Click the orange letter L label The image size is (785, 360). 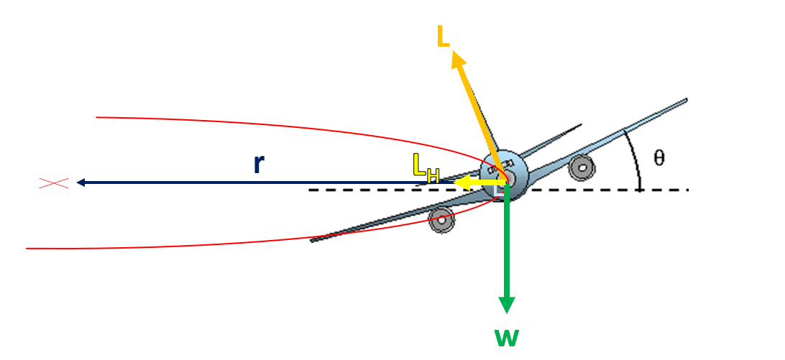[x=444, y=37]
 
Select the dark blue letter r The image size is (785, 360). [x=259, y=164]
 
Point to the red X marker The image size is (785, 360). [x=53, y=183]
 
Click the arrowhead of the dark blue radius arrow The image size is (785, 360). [x=81, y=183]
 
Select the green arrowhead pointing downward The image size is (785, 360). [x=507, y=305]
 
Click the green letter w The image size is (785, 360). [x=506, y=336]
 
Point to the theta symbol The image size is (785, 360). [x=659, y=158]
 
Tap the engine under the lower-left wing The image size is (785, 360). [x=442, y=220]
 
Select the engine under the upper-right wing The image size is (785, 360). [x=581, y=168]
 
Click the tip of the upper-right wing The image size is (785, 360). [x=685, y=100]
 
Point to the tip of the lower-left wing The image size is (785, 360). [x=313, y=240]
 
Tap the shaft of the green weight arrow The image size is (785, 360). [x=507, y=244]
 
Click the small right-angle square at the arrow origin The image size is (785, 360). [x=500, y=190]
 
